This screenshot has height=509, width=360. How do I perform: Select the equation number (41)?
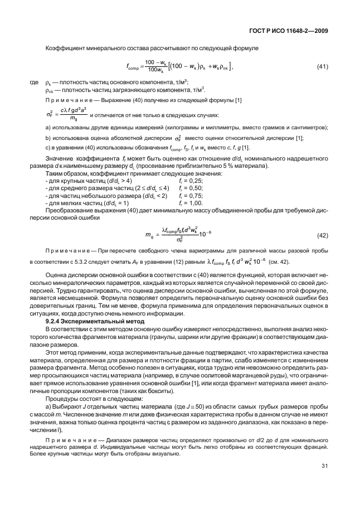(x=322, y=67)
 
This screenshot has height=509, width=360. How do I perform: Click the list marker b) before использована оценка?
(x=48, y=138)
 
